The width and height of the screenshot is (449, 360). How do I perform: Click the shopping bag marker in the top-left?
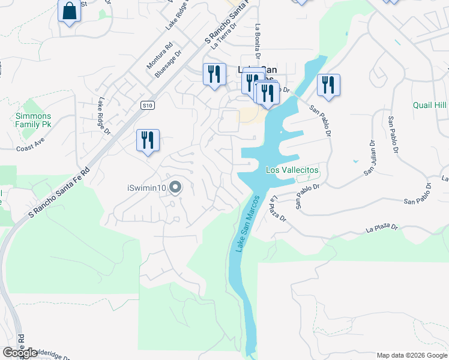[70, 11]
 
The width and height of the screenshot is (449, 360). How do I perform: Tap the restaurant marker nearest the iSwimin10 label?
[148, 141]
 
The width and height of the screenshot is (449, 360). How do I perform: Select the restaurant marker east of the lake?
[328, 85]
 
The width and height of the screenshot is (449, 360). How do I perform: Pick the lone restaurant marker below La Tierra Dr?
[214, 74]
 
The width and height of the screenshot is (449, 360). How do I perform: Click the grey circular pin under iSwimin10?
[175, 188]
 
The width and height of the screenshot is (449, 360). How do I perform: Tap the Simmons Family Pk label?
[34, 120]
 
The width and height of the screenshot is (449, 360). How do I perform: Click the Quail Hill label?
[430, 105]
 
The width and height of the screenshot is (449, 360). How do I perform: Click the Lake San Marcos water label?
[248, 223]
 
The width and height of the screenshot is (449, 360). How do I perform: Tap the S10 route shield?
[148, 105]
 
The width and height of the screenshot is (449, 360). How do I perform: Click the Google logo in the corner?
[20, 353]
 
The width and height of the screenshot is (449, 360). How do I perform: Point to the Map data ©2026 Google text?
[412, 355]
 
